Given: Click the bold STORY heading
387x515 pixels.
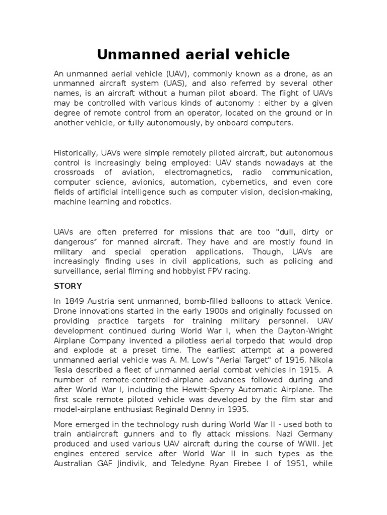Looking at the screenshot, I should pyautogui.click(x=67, y=286).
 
